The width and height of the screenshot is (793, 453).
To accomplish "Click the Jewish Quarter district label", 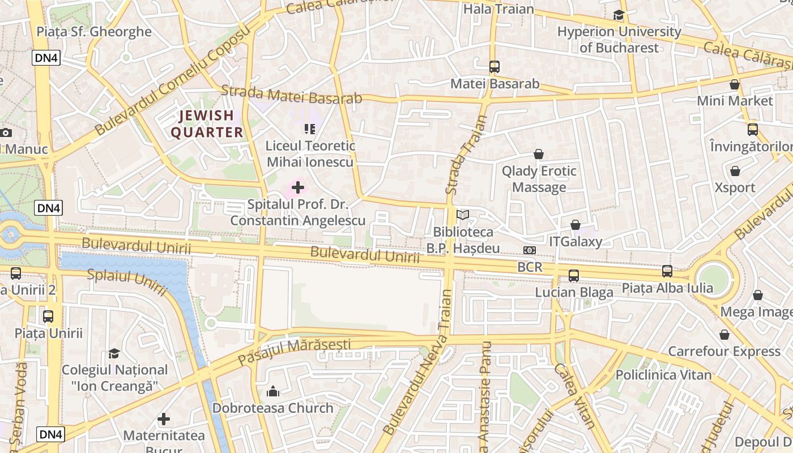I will tap(207, 124).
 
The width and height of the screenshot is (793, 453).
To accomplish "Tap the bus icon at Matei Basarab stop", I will tap(494, 67).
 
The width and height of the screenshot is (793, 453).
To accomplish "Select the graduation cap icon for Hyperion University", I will tap(619, 15).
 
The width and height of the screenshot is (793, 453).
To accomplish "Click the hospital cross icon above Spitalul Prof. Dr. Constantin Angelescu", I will tap(298, 187).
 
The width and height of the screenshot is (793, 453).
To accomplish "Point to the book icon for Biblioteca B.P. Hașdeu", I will tap(463, 215).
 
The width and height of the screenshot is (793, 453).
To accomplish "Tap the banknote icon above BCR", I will tap(530, 250).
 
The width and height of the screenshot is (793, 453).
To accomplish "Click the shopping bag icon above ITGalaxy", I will tap(575, 225).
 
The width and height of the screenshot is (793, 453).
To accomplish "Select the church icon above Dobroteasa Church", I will tap(273, 391).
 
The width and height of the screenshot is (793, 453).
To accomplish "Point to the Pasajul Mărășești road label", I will tap(294, 351).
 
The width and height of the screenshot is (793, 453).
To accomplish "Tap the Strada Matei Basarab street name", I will tap(291, 95).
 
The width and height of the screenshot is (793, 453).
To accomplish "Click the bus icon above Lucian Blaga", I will tap(574, 276).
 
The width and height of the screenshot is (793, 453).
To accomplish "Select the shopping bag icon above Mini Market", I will tap(735, 85).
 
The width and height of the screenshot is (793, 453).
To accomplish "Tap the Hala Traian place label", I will tap(498, 9).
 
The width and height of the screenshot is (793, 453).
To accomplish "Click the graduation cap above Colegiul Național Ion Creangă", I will tap(114, 354).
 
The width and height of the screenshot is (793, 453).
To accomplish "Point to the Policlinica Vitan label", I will tap(663, 375).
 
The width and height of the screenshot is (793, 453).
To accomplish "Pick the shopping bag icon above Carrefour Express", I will tap(724, 335).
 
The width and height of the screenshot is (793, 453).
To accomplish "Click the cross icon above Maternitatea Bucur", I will tap(164, 419).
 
